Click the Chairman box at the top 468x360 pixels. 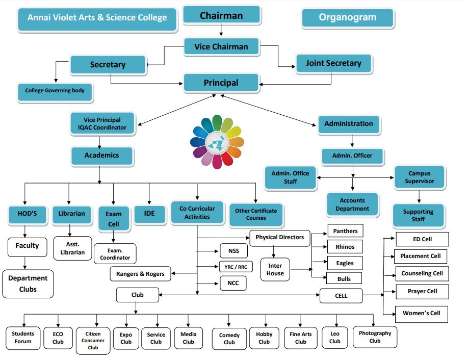point(221,16)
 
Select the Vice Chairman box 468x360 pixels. point(221,47)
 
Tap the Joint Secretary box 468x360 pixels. point(333,64)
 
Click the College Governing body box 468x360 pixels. point(55,91)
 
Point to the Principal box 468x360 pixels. point(221,83)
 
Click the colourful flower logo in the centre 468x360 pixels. point(217,142)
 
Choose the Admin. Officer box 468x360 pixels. point(352,156)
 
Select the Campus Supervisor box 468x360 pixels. point(419,177)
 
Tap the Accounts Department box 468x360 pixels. point(352,204)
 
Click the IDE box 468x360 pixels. point(149,214)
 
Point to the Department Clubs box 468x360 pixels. point(28,284)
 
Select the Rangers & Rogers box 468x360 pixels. point(140,274)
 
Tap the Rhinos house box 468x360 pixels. point(345,247)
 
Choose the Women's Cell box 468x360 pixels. point(421,314)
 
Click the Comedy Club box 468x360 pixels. point(229,339)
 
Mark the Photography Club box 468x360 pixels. point(375,337)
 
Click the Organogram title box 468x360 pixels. point(348,18)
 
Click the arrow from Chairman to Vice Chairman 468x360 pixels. point(221,31)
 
